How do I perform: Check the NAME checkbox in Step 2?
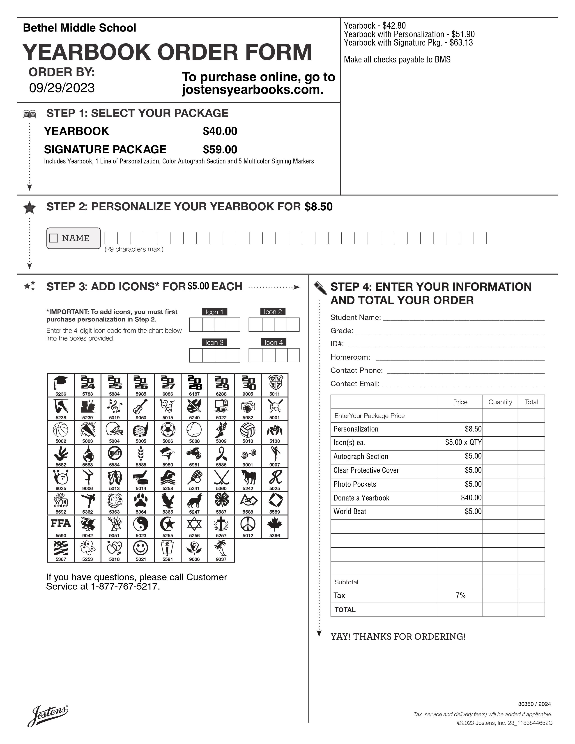click(54, 238)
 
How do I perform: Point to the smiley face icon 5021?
click(141, 548)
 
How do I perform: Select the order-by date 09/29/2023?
click(62, 88)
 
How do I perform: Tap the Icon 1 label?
click(214, 312)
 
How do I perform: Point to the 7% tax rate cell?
click(460, 595)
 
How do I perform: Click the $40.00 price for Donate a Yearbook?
click(471, 498)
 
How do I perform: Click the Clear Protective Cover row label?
click(366, 470)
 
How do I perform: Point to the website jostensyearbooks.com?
click(252, 90)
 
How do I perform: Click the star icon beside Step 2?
click(30, 207)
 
